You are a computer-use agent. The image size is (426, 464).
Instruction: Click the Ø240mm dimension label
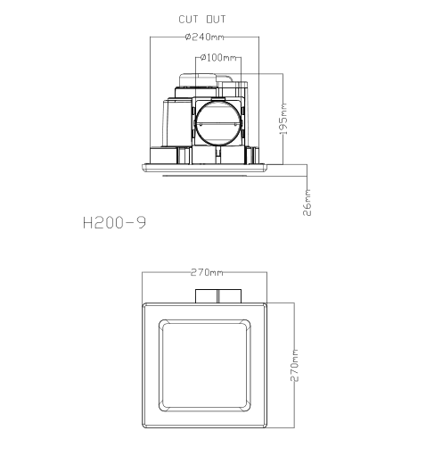coord(205,37)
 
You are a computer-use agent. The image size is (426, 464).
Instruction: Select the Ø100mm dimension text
coord(218,58)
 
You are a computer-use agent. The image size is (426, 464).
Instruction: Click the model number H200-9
coord(114,222)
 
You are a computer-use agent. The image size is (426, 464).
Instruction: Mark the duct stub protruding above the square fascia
coord(217,295)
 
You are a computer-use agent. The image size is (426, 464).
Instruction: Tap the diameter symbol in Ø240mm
coord(188,37)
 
